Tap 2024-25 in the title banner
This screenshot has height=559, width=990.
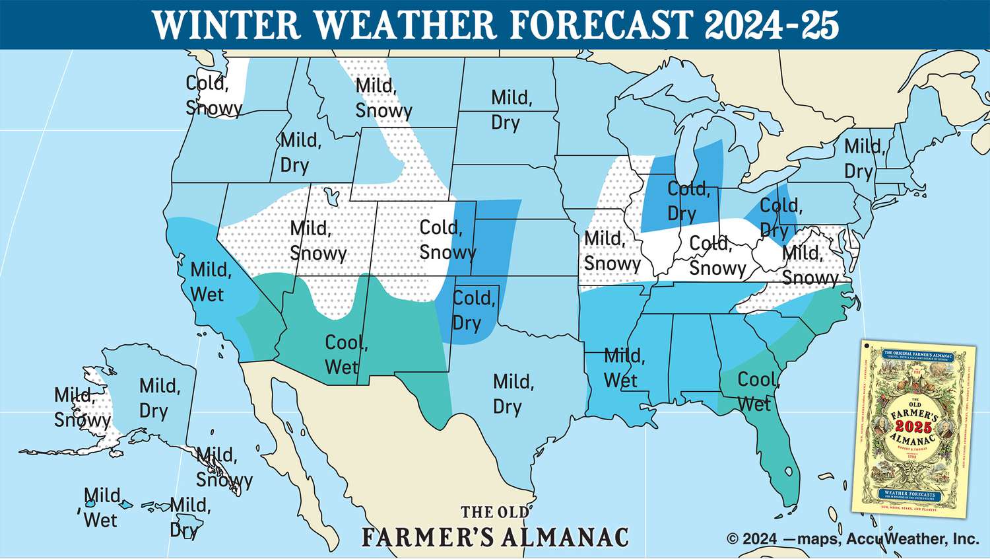[771, 24]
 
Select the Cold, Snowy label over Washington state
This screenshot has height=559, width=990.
[213, 96]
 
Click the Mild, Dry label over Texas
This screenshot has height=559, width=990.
[513, 394]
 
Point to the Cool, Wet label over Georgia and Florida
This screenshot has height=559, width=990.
[758, 391]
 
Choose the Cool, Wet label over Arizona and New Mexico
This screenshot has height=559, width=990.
[345, 355]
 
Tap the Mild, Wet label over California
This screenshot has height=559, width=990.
[210, 282]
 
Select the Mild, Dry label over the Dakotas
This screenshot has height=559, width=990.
[511, 110]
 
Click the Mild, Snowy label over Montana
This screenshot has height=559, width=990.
[383, 98]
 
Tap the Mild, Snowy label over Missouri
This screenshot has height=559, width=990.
[611, 251]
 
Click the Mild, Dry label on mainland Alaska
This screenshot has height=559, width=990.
[158, 398]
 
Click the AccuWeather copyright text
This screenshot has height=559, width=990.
[852, 539]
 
